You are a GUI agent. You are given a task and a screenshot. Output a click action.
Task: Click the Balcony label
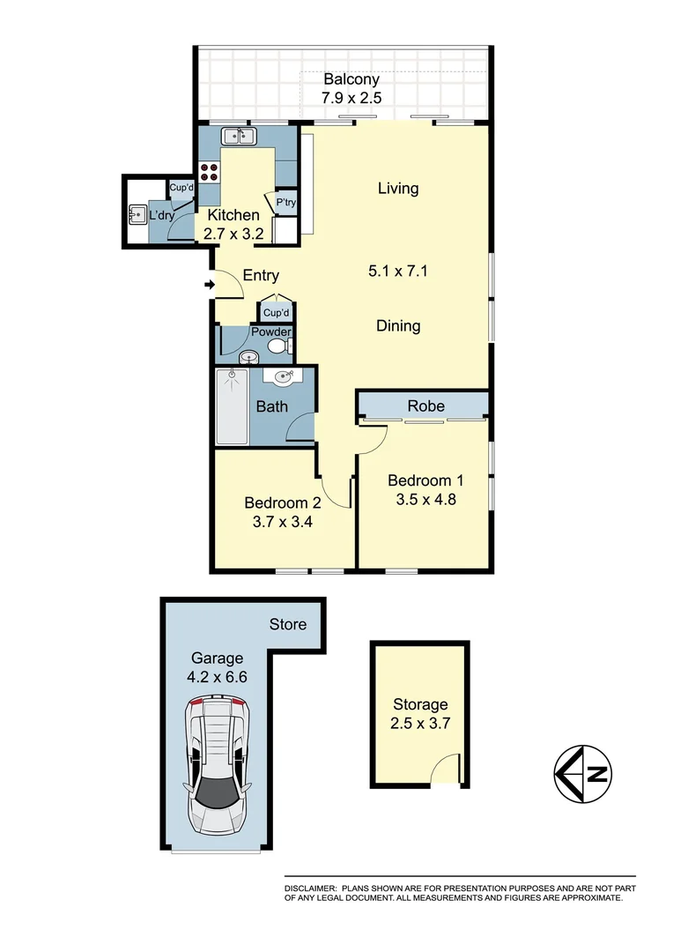coord(351,79)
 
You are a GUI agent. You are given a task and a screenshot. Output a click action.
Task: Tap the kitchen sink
coord(238,136)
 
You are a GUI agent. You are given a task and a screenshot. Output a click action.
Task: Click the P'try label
coord(285,203)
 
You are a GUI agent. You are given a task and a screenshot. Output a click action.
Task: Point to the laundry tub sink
coord(137,214)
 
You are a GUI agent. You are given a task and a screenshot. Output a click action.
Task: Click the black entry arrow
coord(209,285)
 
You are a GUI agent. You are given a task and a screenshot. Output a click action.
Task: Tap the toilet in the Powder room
coord(279,346)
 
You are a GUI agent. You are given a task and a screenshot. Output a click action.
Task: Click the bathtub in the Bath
coord(233,407)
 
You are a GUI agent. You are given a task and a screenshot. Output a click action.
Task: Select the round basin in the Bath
coord(284,378)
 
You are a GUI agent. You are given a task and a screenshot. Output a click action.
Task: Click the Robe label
coord(425,405)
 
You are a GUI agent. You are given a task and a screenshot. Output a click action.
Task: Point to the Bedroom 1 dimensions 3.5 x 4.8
coord(425,500)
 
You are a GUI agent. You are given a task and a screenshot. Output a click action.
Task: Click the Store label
coord(288,624)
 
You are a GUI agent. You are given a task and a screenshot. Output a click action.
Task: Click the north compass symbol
coord(584,775)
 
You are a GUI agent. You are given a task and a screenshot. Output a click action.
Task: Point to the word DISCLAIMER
coord(309,888)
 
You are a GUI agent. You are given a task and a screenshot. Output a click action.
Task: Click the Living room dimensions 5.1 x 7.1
coord(397,271)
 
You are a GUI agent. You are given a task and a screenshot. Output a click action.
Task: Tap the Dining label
coord(398,326)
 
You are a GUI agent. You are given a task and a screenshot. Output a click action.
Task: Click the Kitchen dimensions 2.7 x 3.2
coord(233,234)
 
